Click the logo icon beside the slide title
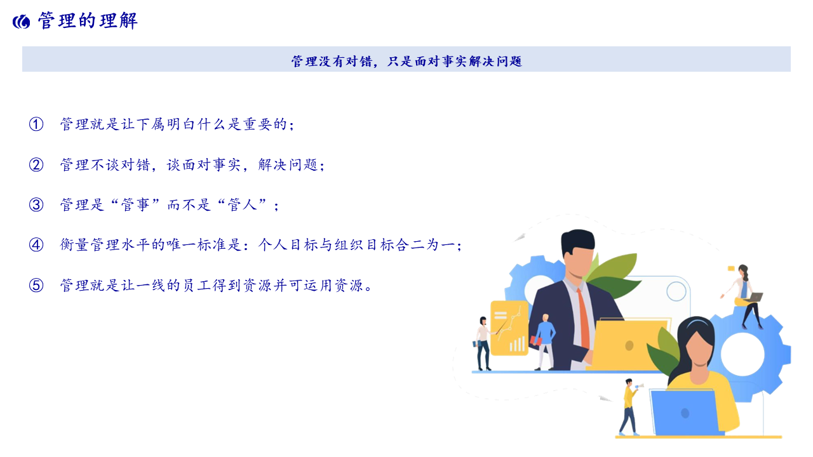(22, 22)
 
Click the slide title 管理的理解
(88, 21)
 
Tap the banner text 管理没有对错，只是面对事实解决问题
(406, 62)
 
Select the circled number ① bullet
(36, 124)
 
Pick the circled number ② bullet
(36, 164)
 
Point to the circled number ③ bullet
(36, 204)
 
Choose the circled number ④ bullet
(36, 245)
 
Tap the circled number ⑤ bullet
(36, 286)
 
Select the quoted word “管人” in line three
(242, 204)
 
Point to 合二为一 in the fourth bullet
(425, 245)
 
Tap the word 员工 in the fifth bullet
(197, 286)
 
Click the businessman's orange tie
(583, 319)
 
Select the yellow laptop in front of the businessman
(629, 344)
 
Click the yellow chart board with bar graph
(509, 328)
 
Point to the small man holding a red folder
(544, 342)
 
